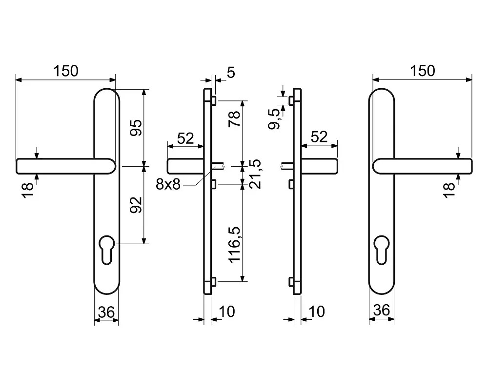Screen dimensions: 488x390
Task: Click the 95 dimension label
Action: pos(136,128)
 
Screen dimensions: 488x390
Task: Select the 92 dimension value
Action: pos(136,205)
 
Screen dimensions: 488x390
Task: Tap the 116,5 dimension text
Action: pos(235,244)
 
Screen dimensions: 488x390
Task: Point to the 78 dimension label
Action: pos(235,118)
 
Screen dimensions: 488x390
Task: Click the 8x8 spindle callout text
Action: pos(168,185)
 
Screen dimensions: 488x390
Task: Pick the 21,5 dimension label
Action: pos(255,174)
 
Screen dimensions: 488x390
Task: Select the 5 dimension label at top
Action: pos(231,73)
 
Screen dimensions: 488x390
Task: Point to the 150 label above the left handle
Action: pos(66,71)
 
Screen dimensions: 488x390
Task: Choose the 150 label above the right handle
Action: pos(422,71)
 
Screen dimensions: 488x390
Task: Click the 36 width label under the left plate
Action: pos(106,312)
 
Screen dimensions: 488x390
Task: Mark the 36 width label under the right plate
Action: pos(382,310)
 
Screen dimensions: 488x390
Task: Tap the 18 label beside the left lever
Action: pos(27,190)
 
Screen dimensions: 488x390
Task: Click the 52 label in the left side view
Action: pos(185,138)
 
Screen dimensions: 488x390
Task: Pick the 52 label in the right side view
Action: pos(319,137)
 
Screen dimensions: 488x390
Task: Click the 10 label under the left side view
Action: pos(227,312)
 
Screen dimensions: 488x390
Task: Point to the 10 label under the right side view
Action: pos(317,312)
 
